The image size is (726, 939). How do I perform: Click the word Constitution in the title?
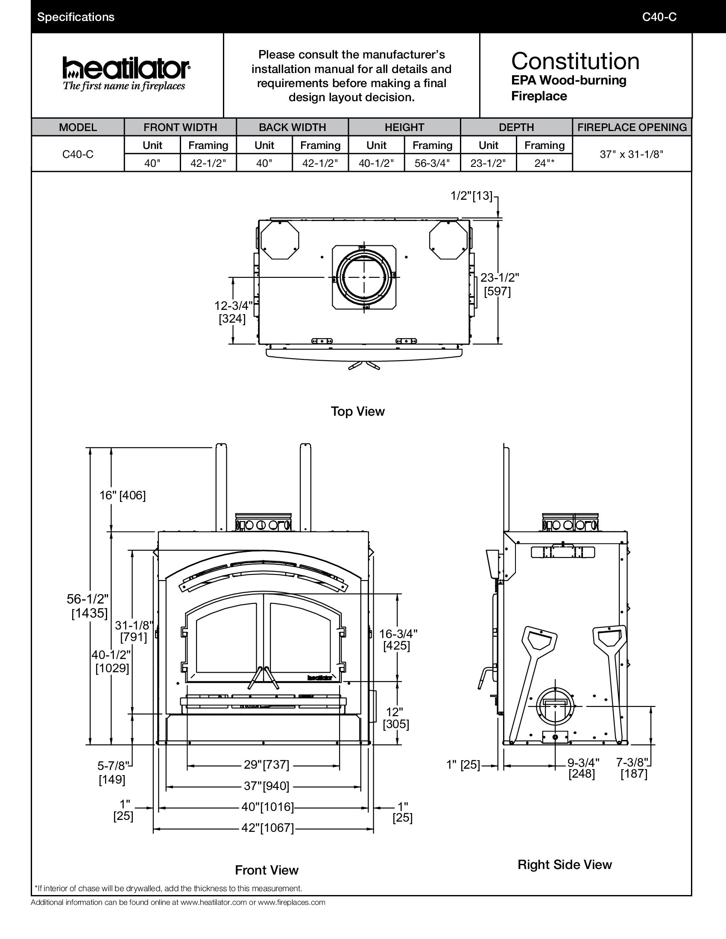[x=575, y=61]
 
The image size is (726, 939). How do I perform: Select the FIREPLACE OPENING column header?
[x=632, y=127]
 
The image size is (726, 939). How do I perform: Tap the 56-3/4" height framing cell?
[x=432, y=163]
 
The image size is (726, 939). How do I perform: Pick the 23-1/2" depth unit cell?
[x=488, y=163]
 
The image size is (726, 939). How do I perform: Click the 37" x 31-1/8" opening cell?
[x=632, y=155]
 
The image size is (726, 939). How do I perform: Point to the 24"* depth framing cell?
[x=544, y=163]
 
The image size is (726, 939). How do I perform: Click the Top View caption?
[x=357, y=411]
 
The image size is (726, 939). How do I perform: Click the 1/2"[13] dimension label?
[x=471, y=195]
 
